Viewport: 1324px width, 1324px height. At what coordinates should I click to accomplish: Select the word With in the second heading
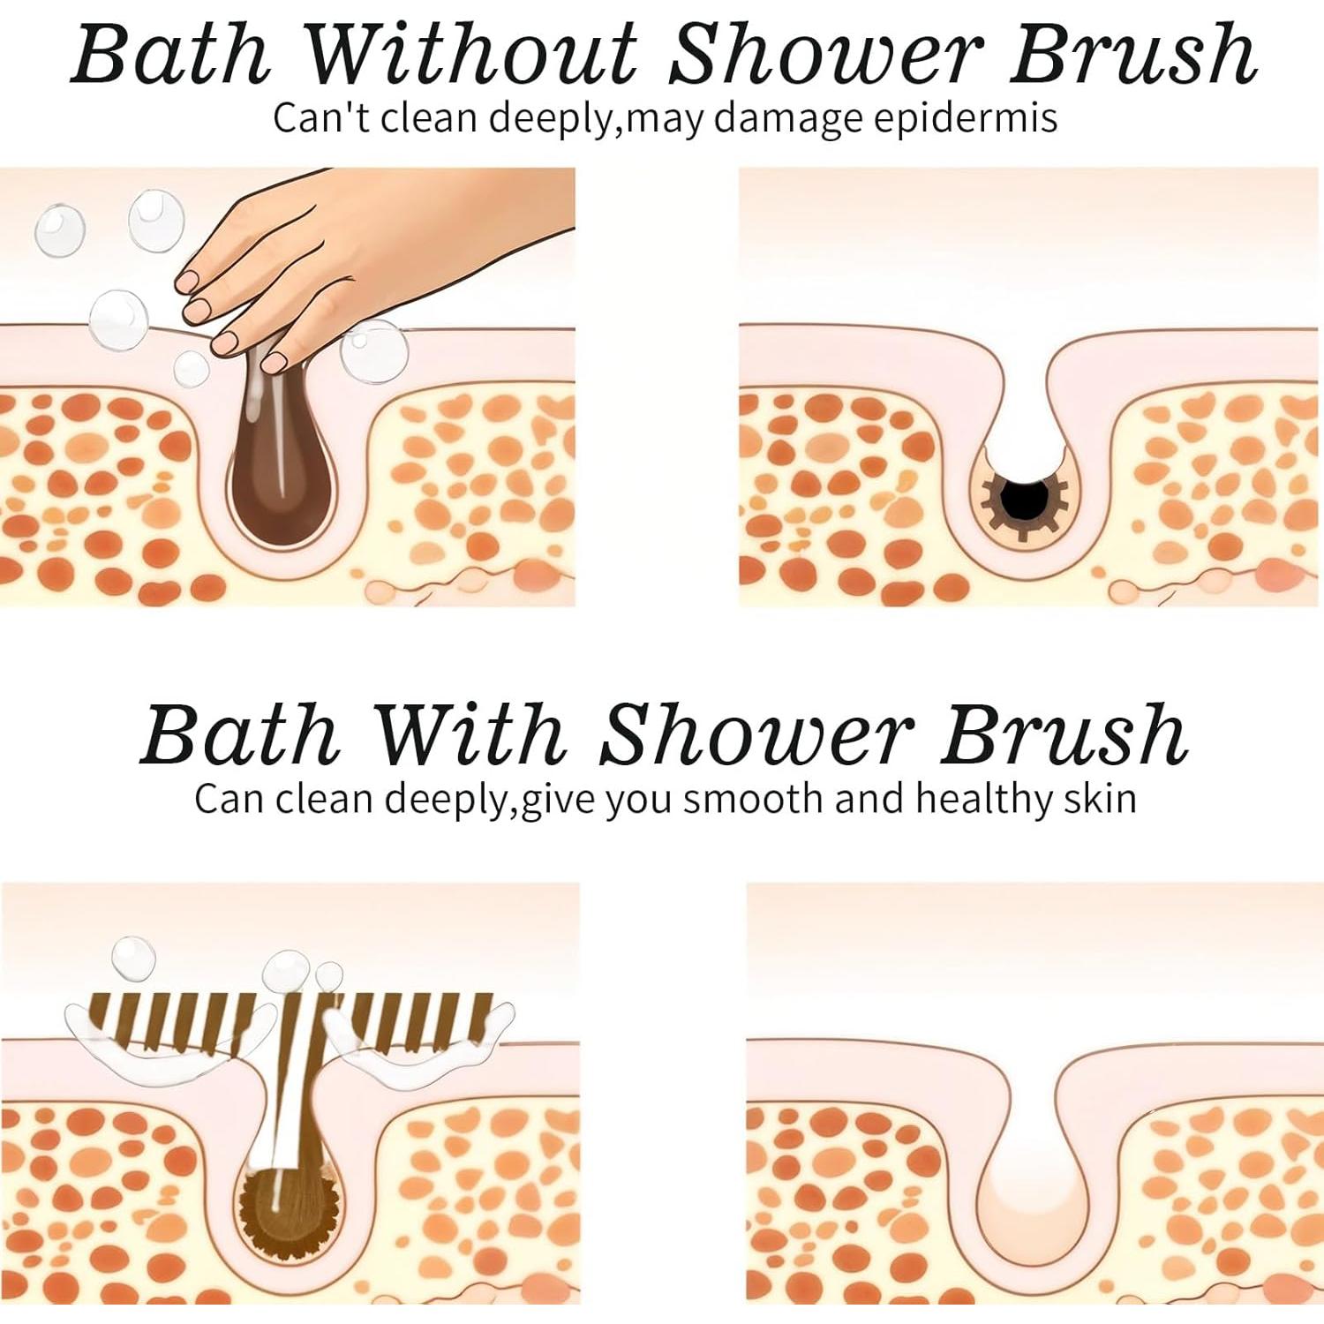tap(469, 734)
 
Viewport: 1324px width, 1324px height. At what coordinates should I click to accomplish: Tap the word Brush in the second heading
tap(1063, 734)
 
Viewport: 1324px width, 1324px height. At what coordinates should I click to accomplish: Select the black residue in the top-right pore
tap(1026, 500)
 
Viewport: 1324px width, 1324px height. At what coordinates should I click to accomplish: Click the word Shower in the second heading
tap(755, 734)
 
